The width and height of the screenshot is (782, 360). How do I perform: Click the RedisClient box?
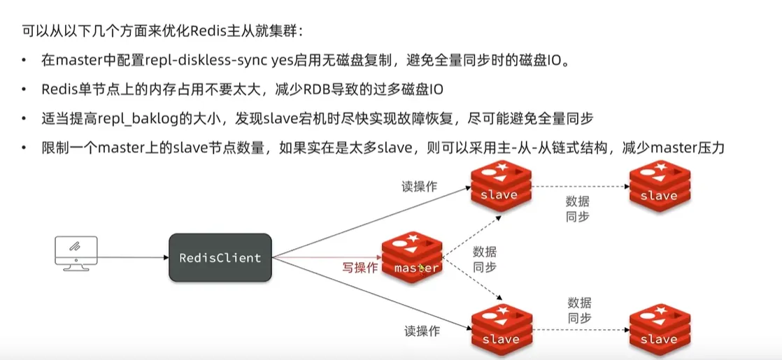(x=220, y=258)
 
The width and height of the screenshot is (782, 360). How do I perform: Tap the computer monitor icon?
(x=76, y=253)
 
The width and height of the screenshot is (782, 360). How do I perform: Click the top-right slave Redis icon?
(x=658, y=184)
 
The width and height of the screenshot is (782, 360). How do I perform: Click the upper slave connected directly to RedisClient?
(x=500, y=184)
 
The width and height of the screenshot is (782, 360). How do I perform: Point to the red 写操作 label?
(x=360, y=268)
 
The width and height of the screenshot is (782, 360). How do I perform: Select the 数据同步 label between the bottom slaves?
(x=579, y=310)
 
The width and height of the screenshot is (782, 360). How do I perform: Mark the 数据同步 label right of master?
(x=485, y=259)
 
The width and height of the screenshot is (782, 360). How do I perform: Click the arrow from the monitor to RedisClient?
(x=134, y=258)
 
